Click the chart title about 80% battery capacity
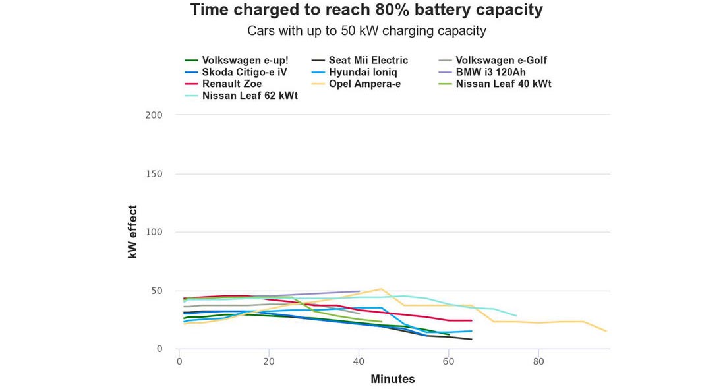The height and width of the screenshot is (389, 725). tap(366, 10)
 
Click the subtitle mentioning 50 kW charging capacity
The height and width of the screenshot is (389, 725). tap(366, 30)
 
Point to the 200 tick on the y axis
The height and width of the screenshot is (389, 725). tap(154, 115)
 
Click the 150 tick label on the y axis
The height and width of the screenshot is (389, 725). tap(154, 174)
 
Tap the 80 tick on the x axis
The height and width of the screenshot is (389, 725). tap(538, 361)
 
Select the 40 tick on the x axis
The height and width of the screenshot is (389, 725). tap(359, 361)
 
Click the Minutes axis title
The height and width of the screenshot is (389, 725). tap(393, 379)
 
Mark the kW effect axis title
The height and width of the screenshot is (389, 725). tap(132, 232)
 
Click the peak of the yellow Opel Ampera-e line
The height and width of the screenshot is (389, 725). tap(381, 289)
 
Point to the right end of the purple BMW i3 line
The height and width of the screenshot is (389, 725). tap(359, 291)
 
